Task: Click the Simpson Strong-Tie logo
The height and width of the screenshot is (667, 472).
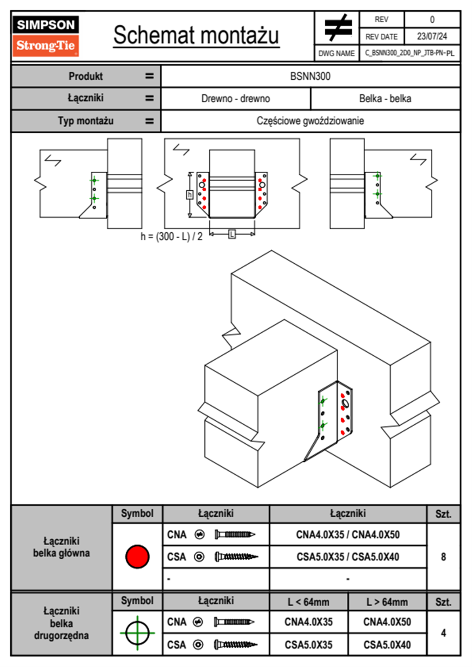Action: point(46,36)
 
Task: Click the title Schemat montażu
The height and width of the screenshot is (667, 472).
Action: point(196,35)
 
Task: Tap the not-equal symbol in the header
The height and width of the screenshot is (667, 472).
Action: point(338,28)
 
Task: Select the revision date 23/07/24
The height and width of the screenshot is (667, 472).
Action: point(432,36)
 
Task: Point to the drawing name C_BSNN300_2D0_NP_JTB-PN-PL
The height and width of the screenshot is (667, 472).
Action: point(409,53)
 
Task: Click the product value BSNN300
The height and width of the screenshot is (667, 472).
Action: point(310,76)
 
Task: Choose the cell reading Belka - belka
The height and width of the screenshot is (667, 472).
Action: point(385,98)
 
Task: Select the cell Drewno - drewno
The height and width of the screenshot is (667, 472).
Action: point(236,98)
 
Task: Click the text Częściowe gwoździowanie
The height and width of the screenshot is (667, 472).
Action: point(310,121)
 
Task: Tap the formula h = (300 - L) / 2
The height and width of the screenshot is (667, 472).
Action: point(171,237)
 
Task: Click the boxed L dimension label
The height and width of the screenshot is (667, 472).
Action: point(232,234)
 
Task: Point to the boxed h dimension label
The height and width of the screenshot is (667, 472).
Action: point(190,195)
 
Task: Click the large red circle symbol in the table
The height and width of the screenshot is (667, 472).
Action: point(137,556)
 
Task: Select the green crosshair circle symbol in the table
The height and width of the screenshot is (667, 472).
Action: point(137,633)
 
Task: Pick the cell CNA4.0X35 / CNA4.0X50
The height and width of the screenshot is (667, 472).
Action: point(348,535)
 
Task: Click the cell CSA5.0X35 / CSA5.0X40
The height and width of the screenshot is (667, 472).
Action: point(348,557)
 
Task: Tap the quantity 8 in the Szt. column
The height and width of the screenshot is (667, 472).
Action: point(443,557)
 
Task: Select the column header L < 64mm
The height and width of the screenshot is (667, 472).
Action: point(309,602)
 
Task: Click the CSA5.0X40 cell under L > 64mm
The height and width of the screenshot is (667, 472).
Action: point(387,645)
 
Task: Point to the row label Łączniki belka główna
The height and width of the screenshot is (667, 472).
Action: point(61,547)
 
